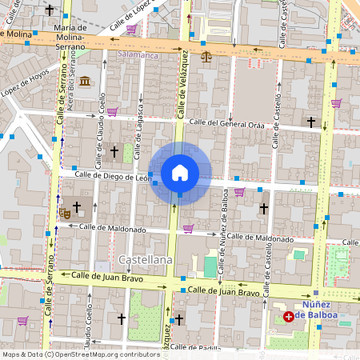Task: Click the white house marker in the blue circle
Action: [x=180, y=173]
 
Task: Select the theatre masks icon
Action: [x=64, y=213]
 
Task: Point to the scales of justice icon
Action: [x=207, y=58]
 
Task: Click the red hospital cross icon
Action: [x=289, y=318]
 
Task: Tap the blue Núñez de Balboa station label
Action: [x=330, y=310]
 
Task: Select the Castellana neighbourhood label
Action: [x=145, y=261]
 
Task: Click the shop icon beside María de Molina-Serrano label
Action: [x=130, y=30]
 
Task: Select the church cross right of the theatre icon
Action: [x=77, y=206]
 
